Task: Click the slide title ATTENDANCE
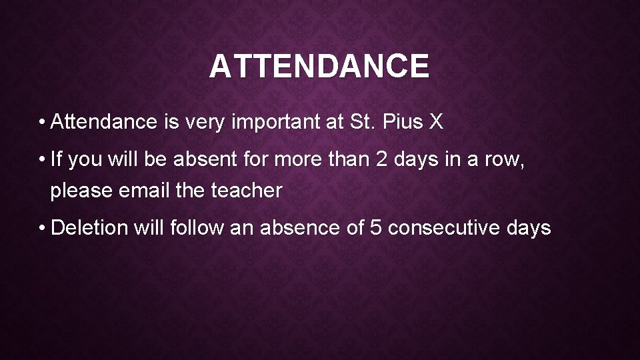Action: coord(319,67)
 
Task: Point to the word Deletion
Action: coord(89,228)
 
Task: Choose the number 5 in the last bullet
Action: coord(374,228)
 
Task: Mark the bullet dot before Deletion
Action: coord(42,228)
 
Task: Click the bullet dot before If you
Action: coord(42,161)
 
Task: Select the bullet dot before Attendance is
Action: coord(42,123)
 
